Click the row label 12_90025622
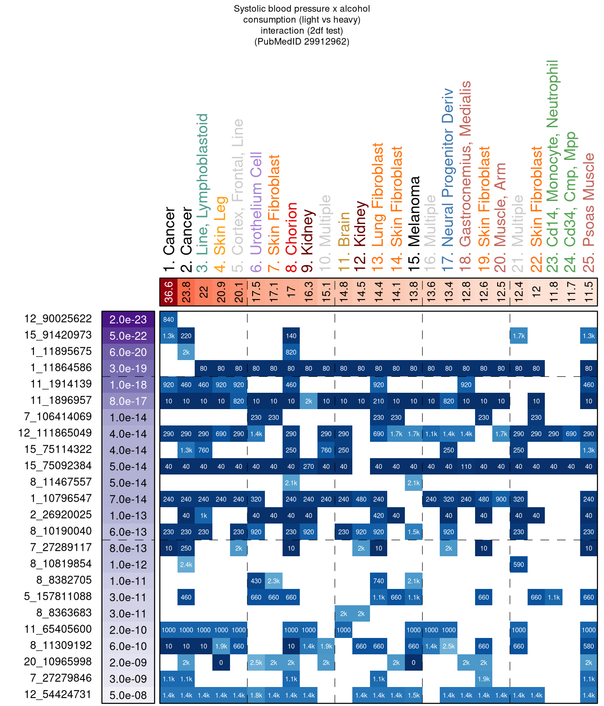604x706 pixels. [x=58, y=319]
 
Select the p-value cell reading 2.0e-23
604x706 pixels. [x=128, y=319]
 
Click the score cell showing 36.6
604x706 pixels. [x=168, y=292]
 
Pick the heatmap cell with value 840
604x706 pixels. [x=168, y=319]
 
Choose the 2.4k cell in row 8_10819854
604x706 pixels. [x=186, y=565]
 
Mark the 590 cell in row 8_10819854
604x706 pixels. [x=518, y=565]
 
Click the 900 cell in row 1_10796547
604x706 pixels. [x=501, y=499]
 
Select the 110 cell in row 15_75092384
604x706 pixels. [x=466, y=467]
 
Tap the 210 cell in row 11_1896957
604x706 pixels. [x=378, y=401]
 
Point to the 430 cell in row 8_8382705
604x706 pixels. [x=256, y=581]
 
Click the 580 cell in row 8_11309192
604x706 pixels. [x=588, y=646]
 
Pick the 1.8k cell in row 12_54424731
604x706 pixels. [x=256, y=695]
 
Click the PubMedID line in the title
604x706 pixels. [x=302, y=42]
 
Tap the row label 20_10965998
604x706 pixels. [x=58, y=662]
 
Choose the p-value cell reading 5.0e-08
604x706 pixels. [x=128, y=695]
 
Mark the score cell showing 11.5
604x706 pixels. [x=588, y=292]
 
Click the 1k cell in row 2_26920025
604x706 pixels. [x=204, y=516]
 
